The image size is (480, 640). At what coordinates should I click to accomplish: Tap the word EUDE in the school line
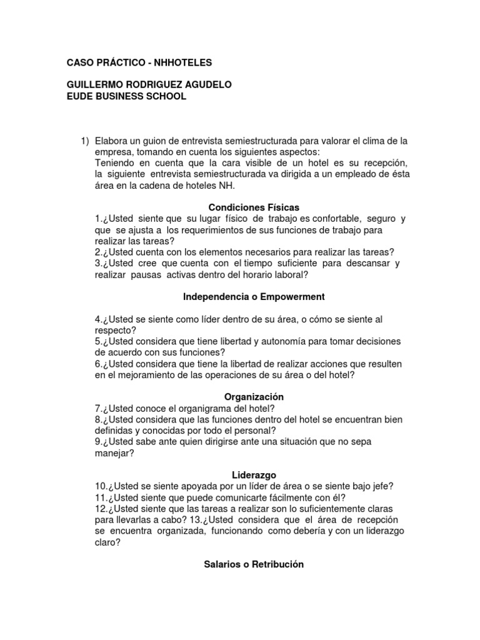[80, 96]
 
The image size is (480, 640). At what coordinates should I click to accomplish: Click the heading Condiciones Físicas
[244, 207]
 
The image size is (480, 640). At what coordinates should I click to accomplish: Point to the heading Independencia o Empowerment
[244, 296]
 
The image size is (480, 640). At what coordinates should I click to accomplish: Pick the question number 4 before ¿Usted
[97, 319]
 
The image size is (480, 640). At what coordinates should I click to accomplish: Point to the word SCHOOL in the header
[164, 96]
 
